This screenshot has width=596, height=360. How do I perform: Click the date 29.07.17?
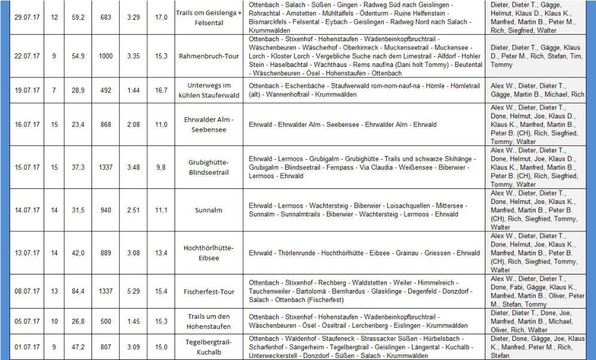(x=27, y=17)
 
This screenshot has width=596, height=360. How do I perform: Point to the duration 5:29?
(x=133, y=291)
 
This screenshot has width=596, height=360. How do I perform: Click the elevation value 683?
(x=106, y=17)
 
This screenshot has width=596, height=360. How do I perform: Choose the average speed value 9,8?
(x=161, y=167)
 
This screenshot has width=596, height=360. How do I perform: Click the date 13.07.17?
(x=27, y=253)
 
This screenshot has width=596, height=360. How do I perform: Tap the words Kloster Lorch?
(x=291, y=56)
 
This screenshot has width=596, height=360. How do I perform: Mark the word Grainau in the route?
(x=408, y=253)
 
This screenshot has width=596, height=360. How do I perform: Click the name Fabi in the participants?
(x=517, y=287)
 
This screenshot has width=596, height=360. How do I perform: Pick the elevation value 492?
(x=106, y=90)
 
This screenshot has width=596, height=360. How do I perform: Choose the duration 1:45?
(x=133, y=321)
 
